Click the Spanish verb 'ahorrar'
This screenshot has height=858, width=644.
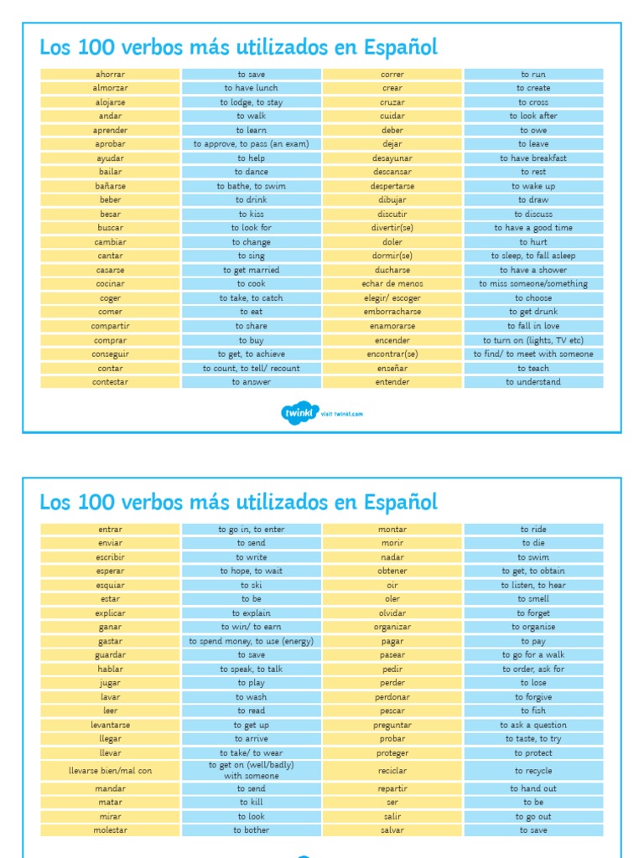109,75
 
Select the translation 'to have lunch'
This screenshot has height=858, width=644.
251,88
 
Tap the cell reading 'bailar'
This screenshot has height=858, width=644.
109,172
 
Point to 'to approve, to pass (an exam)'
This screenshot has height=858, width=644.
251,144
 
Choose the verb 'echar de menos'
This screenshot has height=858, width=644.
392,284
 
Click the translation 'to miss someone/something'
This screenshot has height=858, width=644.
533,284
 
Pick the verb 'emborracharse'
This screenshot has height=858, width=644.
392,312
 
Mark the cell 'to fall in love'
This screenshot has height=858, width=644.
533,326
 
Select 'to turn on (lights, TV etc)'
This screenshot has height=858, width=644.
533,340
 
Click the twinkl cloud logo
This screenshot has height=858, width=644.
299,413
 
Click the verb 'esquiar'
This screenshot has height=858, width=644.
109,585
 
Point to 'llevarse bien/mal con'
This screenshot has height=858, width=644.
109,770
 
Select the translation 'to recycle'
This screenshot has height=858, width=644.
533,771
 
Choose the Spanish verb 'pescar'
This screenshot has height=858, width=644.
392,711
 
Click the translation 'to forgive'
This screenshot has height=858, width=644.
533,697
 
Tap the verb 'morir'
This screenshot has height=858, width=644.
392,543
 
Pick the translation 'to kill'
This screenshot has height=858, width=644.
251,802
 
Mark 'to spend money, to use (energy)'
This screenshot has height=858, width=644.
251,641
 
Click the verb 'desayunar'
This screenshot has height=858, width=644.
392,158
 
